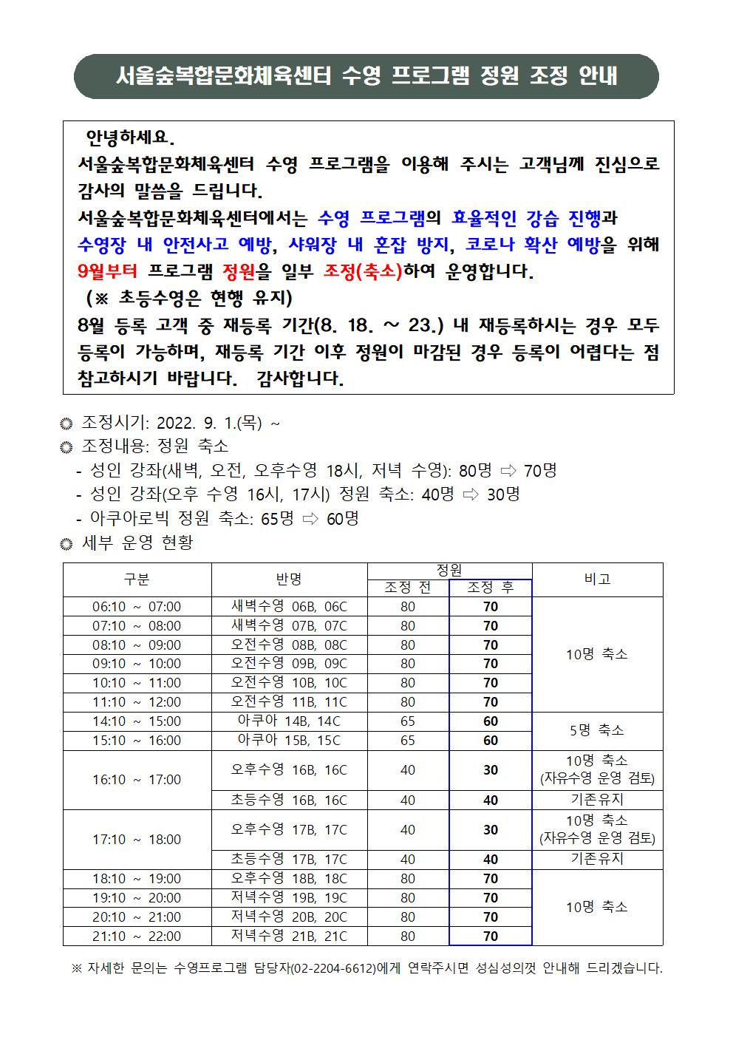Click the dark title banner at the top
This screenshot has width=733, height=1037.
tap(366, 76)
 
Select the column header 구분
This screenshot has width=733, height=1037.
tap(137, 579)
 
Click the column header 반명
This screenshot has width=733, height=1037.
tap(289, 579)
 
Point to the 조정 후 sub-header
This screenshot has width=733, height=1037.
tap(490, 588)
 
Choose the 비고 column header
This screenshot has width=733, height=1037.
tap(597, 579)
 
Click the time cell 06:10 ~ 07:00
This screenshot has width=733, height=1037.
tap(137, 607)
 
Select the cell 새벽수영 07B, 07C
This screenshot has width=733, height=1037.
tap(289, 626)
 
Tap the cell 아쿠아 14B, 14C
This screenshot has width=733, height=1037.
tap(289, 721)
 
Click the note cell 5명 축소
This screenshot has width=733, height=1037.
tap(597, 730)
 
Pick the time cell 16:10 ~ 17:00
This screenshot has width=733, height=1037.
tap(137, 779)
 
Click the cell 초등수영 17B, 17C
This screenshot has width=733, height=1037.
tap(289, 859)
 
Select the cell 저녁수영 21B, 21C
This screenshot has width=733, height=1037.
tap(289, 936)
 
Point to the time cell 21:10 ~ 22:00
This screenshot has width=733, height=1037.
tap(137, 936)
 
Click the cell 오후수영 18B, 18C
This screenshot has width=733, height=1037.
tap(289, 879)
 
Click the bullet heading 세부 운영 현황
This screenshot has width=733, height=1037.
tap(137, 543)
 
